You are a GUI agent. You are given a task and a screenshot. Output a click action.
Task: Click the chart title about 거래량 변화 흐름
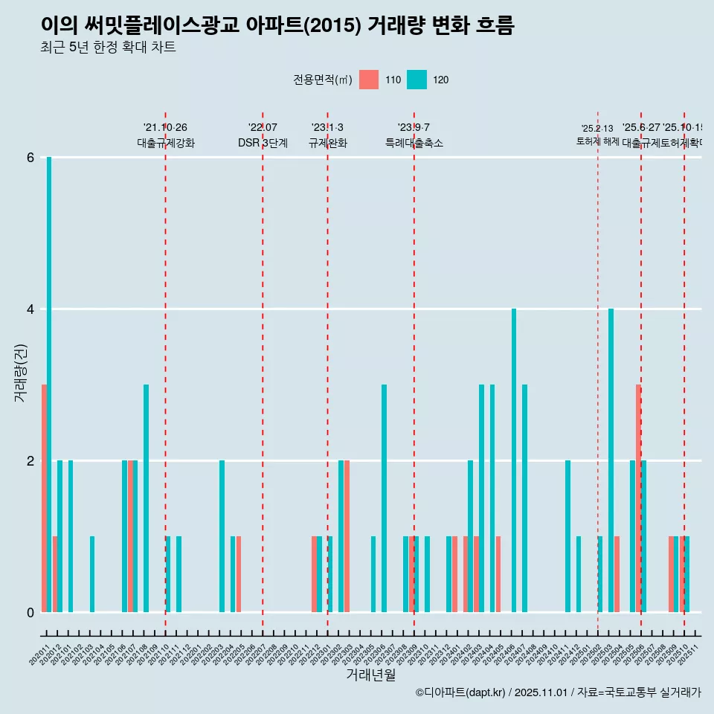pyautogui.click(x=277, y=25)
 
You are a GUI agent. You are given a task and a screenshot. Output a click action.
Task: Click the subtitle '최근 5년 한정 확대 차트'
pyautogui.click(x=108, y=48)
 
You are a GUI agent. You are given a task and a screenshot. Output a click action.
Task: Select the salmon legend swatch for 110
pyautogui.click(x=368, y=80)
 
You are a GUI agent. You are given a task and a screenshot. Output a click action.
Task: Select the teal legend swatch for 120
pyautogui.click(x=416, y=80)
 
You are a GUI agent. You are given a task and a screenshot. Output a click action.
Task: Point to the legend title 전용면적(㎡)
pyautogui.click(x=323, y=80)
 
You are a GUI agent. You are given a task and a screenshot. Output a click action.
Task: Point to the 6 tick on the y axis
pyautogui.click(x=30, y=158)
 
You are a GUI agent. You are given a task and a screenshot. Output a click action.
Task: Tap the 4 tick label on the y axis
pyautogui.click(x=30, y=309)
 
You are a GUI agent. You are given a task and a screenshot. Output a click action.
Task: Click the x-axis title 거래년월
pyautogui.click(x=370, y=675)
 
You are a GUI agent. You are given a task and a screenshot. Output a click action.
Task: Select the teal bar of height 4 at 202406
pyautogui.click(x=514, y=460)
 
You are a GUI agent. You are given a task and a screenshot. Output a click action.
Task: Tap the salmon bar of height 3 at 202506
pyautogui.click(x=638, y=498)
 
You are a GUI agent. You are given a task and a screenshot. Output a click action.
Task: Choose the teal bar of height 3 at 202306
pyautogui.click(x=384, y=498)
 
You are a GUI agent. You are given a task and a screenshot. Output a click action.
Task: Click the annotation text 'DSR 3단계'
pyautogui.click(x=263, y=143)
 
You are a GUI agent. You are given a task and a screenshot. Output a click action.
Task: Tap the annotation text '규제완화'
pyautogui.click(x=327, y=143)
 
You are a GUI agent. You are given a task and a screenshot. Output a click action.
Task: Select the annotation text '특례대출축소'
pyautogui.click(x=414, y=143)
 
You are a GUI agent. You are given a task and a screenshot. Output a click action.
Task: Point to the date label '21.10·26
pyautogui.click(x=165, y=127)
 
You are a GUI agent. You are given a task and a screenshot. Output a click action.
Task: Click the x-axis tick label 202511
pyautogui.click(x=691, y=652)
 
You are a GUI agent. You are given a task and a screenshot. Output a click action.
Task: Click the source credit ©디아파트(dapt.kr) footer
pyautogui.click(x=558, y=692)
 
